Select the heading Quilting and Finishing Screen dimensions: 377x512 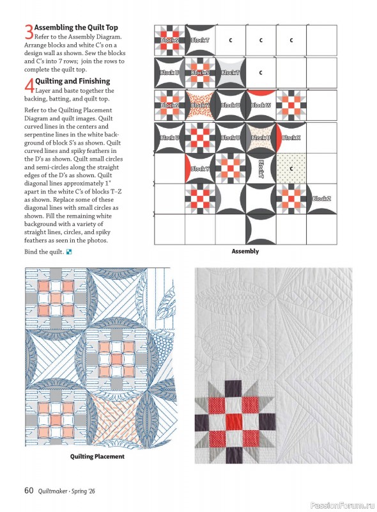tap(73, 81)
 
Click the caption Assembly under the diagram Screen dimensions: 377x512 tap(245, 252)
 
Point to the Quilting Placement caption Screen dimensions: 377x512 tap(97, 457)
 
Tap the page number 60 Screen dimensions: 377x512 tap(29, 491)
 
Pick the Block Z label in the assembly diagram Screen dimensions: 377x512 tap(321, 199)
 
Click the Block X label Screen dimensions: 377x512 tap(291, 138)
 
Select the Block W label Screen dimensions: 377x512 tap(261, 105)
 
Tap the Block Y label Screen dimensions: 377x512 tap(200, 168)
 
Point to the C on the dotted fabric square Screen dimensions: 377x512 tap(291, 169)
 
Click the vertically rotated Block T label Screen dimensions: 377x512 tap(261, 169)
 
